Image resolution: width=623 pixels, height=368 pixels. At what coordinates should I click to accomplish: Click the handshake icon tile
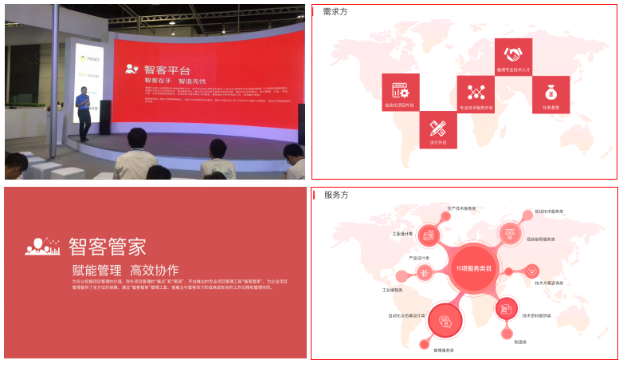513,57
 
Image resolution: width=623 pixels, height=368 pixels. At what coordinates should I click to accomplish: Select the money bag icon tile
551,94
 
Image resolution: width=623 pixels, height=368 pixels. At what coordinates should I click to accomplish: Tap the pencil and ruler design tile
437,129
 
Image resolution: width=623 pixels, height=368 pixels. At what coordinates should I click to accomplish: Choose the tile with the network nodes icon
476,94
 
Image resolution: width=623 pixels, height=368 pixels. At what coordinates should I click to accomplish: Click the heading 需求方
335,11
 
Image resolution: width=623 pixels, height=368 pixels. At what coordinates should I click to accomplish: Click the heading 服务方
335,195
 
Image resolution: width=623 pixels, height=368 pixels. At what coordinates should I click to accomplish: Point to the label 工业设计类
402,234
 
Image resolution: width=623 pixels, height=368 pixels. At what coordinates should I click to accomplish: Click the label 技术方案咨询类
549,283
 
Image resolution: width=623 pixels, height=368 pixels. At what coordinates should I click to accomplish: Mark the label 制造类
520,342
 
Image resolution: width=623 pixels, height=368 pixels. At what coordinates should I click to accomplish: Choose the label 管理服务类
444,350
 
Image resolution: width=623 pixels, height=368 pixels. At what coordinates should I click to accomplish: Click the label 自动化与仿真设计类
406,315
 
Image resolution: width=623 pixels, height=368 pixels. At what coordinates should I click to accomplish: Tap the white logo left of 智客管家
43,246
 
